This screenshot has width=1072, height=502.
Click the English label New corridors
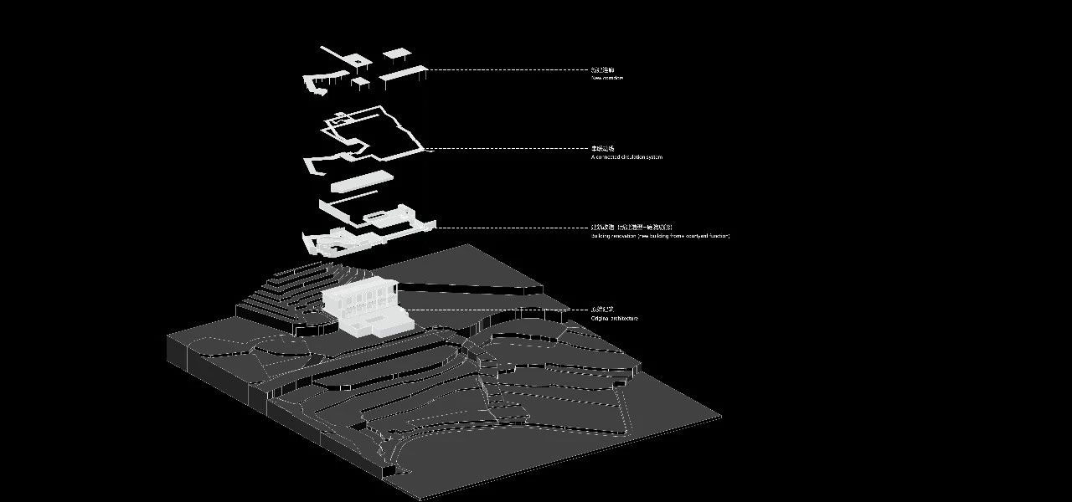607,79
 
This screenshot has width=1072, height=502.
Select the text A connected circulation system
626,157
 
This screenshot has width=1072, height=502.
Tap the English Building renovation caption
660,236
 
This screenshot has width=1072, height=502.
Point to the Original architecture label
614,319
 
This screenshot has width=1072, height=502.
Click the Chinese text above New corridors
602,70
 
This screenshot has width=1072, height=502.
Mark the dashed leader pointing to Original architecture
494,310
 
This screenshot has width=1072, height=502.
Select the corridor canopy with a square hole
358,61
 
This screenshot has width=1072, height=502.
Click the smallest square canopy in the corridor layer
361,82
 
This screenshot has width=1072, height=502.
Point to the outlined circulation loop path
377,134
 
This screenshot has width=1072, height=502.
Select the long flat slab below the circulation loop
362,180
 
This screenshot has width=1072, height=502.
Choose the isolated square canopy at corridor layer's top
396,54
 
